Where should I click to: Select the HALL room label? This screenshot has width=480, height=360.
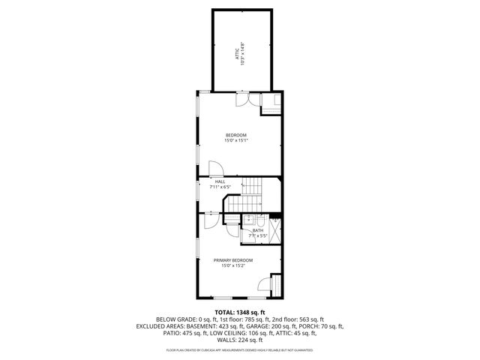click(220, 181)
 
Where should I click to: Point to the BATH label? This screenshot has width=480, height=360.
click(257, 231)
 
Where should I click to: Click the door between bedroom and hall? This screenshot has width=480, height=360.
click(214, 170)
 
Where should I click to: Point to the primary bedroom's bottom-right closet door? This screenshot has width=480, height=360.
click(265, 284)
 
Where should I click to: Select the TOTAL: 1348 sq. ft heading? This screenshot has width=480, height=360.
click(240, 312)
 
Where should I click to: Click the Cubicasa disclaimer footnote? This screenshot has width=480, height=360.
click(240, 349)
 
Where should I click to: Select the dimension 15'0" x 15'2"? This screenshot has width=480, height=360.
click(236, 265)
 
